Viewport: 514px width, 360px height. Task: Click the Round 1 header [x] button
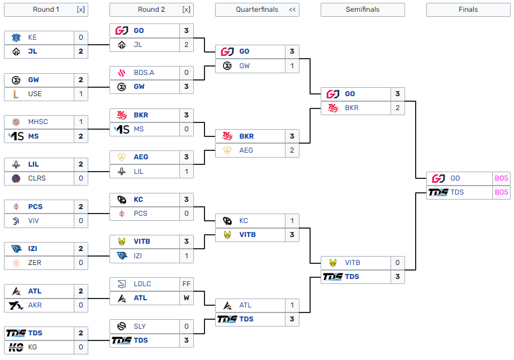(80, 10)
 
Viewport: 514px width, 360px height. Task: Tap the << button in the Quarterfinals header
(292, 10)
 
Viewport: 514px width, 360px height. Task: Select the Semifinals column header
(362, 10)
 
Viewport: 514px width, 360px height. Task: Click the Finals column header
(468, 10)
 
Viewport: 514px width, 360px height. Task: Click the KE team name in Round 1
(32, 37)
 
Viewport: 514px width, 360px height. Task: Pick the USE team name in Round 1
(35, 94)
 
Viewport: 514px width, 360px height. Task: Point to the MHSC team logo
(16, 122)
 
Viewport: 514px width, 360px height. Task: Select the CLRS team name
(37, 178)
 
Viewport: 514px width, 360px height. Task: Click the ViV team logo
(16, 221)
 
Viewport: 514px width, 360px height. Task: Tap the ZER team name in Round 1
(35, 263)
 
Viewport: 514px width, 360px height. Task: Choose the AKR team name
(35, 305)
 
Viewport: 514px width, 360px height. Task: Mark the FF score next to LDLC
(187, 284)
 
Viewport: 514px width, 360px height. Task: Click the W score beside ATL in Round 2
(187, 298)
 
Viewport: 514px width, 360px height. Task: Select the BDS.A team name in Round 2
(144, 73)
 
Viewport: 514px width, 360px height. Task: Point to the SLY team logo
(122, 326)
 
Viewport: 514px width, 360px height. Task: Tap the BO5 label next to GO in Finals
(501, 178)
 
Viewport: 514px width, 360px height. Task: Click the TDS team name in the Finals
(457, 192)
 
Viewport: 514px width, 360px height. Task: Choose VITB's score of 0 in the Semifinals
(398, 263)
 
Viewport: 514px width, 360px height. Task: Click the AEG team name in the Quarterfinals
(246, 150)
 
